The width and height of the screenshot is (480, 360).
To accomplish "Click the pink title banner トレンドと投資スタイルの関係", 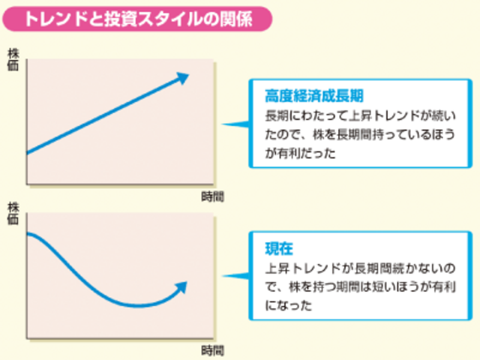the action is tap(137, 19).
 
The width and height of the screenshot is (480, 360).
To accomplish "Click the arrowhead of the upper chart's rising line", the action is tap(182, 78).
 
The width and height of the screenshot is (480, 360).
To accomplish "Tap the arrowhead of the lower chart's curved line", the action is tap(181, 288).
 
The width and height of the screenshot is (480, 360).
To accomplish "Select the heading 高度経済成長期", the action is tap(314, 96).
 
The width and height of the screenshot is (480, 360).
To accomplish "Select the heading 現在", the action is tap(279, 248).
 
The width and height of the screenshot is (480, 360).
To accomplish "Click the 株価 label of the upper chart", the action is tap(13, 59).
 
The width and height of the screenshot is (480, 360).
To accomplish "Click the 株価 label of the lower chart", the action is tap(13, 213).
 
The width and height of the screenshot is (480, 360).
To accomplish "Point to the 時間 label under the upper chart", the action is tap(212, 196).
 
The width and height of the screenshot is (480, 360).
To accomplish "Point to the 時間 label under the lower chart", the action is tap(212, 350).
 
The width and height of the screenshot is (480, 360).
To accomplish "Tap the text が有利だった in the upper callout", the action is tap(300, 153).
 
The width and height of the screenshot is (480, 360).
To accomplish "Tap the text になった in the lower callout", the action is tap(288, 305).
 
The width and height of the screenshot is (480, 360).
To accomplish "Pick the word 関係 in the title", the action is tap(236, 19).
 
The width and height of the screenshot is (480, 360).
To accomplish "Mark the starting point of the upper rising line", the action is tap(27, 153).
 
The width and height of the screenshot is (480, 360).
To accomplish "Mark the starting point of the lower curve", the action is tap(27, 234).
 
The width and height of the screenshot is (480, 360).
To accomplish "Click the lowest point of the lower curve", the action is tap(138, 305).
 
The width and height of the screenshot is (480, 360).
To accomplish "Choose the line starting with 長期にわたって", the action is tap(360, 115).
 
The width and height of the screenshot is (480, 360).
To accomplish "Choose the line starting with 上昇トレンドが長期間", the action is tap(360, 268).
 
